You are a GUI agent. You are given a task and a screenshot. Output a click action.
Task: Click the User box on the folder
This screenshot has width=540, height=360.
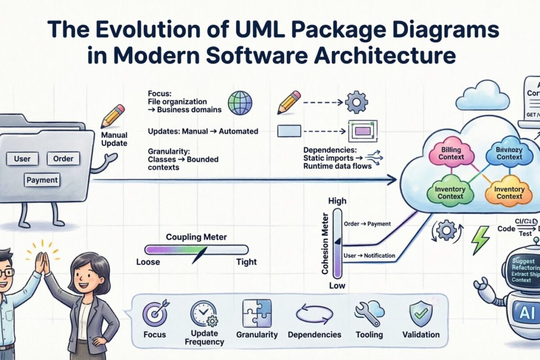tap(22, 158)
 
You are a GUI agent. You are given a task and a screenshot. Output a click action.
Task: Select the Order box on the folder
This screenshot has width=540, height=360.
tap(63, 158)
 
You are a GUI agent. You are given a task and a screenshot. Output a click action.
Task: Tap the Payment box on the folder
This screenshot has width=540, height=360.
tap(42, 180)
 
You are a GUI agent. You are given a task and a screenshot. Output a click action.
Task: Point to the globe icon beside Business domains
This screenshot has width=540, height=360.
tap(239, 103)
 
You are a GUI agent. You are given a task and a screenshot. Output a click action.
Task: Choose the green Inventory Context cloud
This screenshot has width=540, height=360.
tap(450, 193)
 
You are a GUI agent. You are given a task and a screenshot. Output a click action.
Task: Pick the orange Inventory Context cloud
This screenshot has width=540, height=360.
tap(509, 193)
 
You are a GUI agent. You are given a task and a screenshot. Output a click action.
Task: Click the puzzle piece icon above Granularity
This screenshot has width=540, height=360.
tap(256, 313)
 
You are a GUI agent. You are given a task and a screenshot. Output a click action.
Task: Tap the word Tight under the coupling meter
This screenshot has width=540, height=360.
tap(246, 262)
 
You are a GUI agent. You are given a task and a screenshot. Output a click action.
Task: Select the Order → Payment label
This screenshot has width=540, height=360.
tap(367, 224)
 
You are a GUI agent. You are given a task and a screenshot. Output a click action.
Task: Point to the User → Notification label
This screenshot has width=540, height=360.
tap(369, 256)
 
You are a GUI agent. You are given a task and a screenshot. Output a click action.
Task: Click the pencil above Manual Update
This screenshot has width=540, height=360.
tap(112, 116)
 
